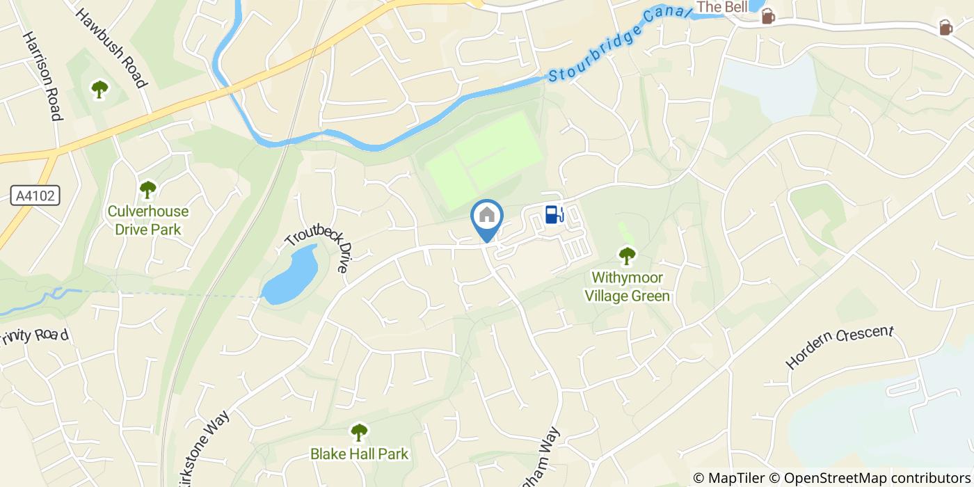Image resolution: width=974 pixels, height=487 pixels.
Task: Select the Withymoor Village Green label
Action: (627, 287)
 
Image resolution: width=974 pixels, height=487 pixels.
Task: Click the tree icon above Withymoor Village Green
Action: (627, 256)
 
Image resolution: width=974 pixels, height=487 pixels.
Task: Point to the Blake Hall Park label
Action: (359, 454)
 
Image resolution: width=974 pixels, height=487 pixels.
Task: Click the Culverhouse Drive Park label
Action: (147, 220)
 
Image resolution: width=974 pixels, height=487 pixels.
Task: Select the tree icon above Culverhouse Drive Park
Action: (147, 189)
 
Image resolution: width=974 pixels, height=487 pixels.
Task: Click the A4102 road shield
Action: (35, 196)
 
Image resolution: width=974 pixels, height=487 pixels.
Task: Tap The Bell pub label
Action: (722, 7)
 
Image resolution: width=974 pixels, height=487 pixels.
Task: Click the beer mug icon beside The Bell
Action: (767, 17)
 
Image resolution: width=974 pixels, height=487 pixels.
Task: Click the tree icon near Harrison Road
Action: (99, 89)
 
